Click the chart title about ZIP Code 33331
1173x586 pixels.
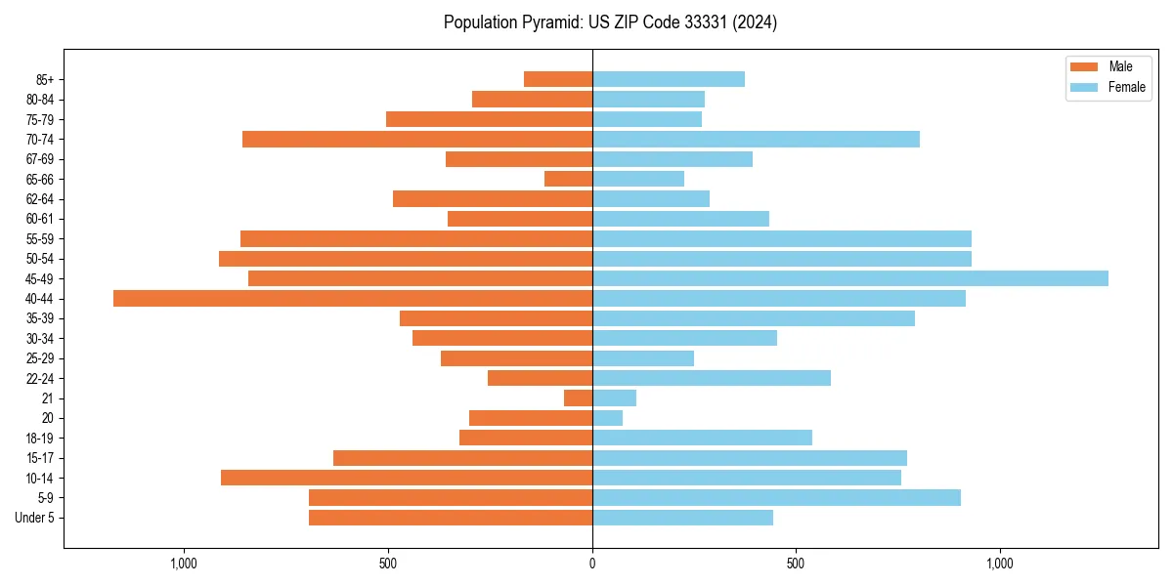click(x=610, y=22)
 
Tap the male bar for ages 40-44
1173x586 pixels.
click(x=353, y=299)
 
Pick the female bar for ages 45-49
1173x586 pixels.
click(x=849, y=278)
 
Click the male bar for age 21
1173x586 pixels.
click(x=578, y=398)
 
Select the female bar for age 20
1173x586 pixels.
click(x=607, y=418)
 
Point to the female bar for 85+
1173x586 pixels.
click(x=668, y=79)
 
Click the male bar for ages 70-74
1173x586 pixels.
click(x=417, y=139)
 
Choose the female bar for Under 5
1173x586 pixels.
click(x=682, y=518)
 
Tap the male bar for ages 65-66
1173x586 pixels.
click(x=568, y=179)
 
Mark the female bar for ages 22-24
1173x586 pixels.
click(x=711, y=378)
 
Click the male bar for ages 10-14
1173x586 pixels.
click(x=407, y=478)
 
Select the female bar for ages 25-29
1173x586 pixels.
click(x=642, y=358)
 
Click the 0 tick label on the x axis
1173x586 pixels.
click(x=592, y=564)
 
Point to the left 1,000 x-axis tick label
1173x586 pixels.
click(x=184, y=564)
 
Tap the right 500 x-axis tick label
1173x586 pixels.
click(x=796, y=564)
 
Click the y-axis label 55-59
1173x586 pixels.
click(x=40, y=239)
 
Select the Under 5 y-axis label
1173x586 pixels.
click(x=35, y=518)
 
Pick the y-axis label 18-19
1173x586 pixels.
click(x=40, y=439)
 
